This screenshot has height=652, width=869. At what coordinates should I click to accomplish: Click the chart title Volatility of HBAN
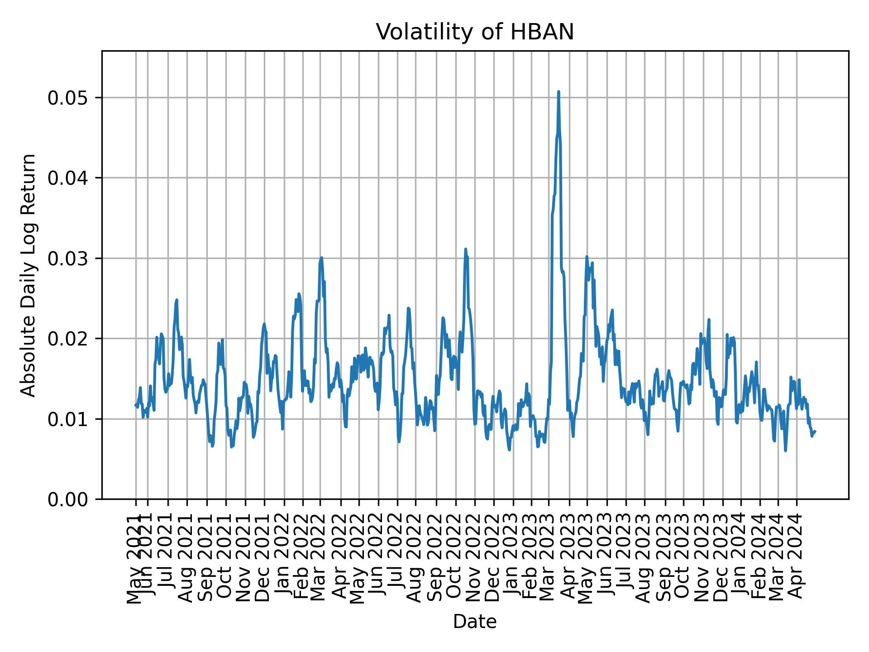tap(475, 32)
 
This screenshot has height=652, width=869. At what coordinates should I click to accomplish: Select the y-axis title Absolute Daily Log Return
tap(29, 275)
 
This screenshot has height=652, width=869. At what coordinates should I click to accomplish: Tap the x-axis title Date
tap(475, 622)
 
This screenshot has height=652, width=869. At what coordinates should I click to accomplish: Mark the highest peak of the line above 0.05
tap(559, 92)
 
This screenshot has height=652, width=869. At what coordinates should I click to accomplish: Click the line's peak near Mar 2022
tap(321, 258)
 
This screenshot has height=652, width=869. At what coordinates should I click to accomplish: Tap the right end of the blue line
tap(815, 431)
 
